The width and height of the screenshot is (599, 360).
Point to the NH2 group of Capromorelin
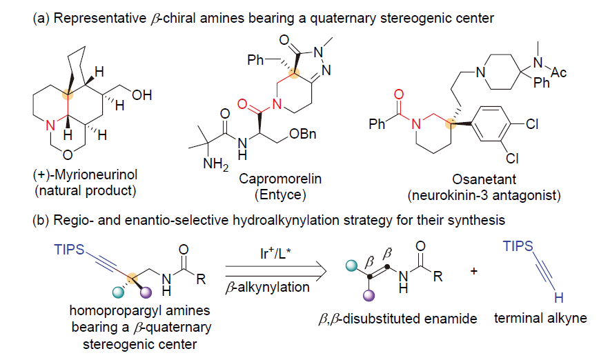click(210, 163)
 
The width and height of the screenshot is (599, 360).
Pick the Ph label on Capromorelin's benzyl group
click(257, 59)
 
